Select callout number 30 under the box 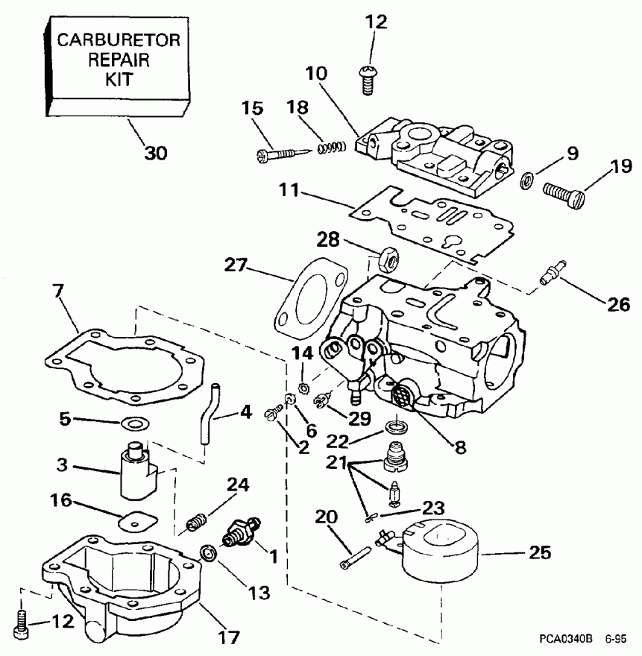point(156,153)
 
